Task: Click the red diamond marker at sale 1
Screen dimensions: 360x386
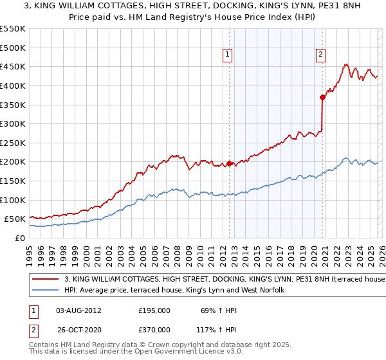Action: (230, 163)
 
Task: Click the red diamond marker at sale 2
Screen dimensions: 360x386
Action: (323, 97)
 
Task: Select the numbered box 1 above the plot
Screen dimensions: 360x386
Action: (228, 55)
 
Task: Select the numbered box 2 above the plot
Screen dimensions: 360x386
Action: (320, 55)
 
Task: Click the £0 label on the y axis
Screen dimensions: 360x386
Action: (19, 238)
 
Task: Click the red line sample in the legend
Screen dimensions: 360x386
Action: (46, 280)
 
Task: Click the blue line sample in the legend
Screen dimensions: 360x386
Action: (46, 290)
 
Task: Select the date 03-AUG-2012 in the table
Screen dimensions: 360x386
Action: (78, 310)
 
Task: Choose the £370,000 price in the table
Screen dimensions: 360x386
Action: (154, 330)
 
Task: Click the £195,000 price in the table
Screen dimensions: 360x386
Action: (154, 310)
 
